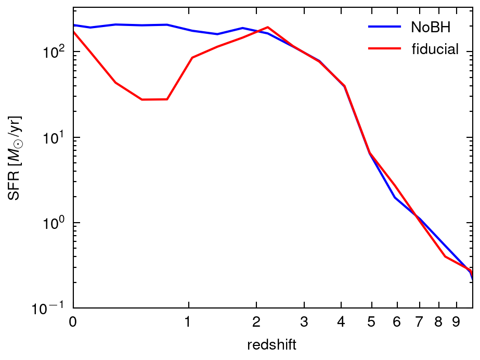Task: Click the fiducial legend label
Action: [435, 49]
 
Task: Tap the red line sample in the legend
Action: [384, 49]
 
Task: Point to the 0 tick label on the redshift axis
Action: [73, 323]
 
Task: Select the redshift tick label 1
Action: [188, 323]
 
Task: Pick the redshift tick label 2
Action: [256, 323]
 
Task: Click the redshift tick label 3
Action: [304, 323]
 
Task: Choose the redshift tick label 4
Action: [341, 323]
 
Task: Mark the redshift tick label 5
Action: [371, 323]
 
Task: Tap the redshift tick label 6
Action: [396, 323]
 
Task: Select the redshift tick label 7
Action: [419, 323]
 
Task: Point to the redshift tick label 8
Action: [438, 323]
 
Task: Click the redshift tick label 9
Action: [456, 323]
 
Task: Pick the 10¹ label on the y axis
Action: [54, 137]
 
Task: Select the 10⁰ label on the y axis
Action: [54, 222]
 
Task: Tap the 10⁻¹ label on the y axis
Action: [52, 307]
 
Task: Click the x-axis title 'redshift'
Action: [273, 344]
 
